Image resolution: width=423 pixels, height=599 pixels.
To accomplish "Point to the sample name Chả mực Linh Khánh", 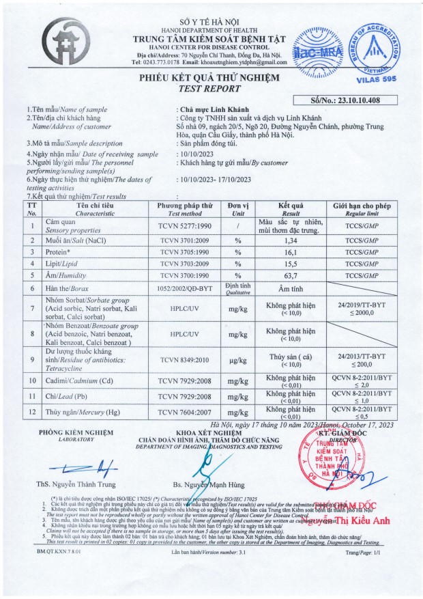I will [x=212, y=109].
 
